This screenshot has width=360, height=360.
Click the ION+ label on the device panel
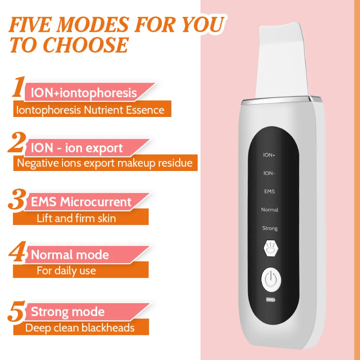coord(269,155)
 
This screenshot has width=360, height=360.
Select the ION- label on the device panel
coord(269,173)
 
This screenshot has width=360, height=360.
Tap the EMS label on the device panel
coord(269,192)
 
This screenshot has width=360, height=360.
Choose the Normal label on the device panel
coord(270,210)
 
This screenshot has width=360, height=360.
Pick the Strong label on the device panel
coord(270,228)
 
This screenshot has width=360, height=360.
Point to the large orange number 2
coord(17,144)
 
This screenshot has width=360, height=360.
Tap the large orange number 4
coord(17,253)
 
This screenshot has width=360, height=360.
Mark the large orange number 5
coord(17,310)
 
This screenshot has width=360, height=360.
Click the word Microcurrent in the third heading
coord(96,202)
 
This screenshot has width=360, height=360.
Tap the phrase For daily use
coord(66,270)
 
